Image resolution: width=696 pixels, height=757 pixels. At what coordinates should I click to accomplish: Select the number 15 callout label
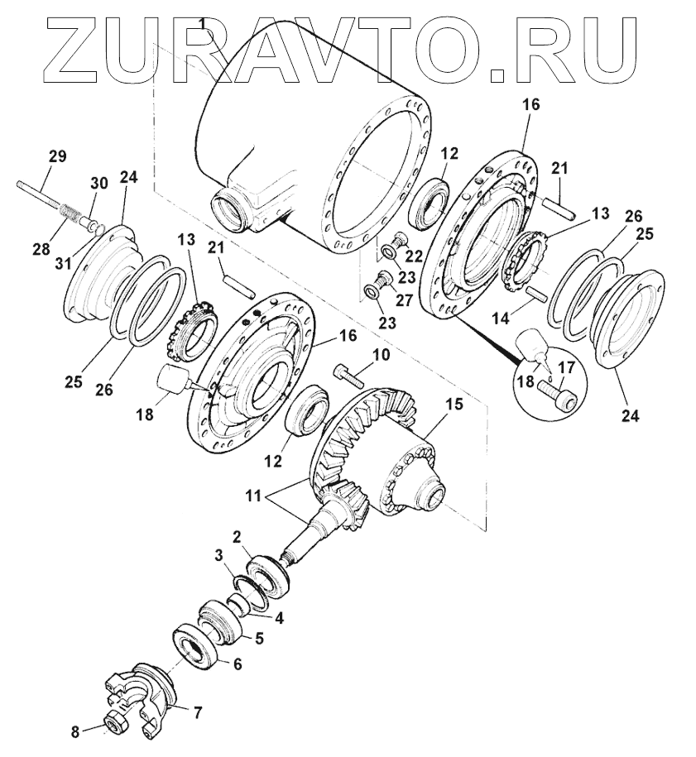[454, 403]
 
